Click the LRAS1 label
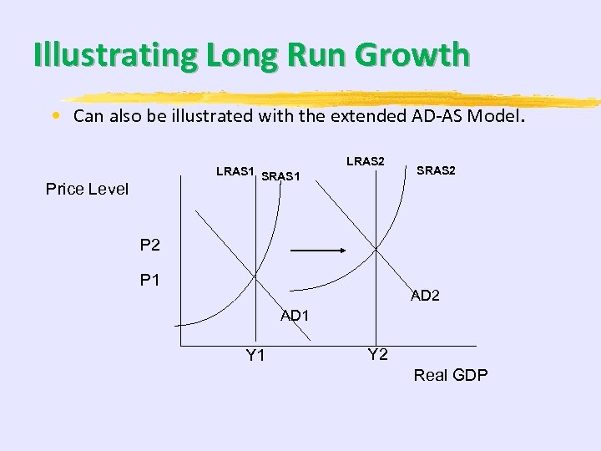235,171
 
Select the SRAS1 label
280,176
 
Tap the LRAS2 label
365,161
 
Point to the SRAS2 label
436,170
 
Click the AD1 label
295,316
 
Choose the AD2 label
425,296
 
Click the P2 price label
149,246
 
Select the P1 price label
149,281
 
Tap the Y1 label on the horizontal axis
255,356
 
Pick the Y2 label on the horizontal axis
377,354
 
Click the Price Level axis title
87,190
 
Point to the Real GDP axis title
451,375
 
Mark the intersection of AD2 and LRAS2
376,248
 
